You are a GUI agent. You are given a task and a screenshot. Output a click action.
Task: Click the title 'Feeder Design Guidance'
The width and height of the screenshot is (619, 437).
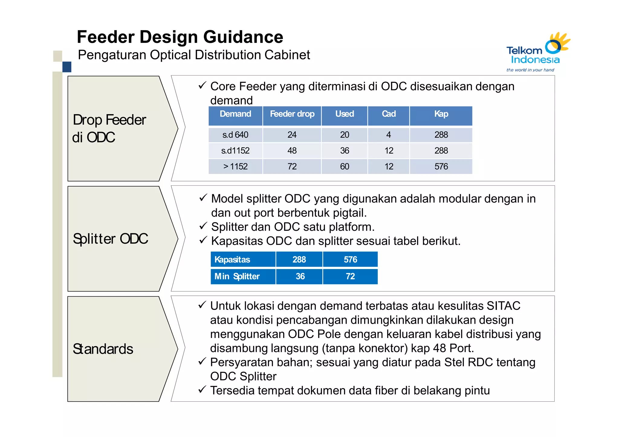point(180,37)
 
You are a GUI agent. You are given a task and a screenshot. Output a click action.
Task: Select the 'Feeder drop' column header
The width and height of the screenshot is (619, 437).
point(292,114)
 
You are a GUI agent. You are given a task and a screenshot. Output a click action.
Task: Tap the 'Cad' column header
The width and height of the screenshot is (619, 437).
point(388,114)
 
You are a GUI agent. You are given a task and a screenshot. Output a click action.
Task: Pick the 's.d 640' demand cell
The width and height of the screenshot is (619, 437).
point(235,135)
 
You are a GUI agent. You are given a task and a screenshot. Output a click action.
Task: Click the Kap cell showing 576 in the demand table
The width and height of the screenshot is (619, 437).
point(441,166)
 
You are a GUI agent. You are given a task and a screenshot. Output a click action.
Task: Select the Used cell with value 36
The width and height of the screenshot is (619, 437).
point(344,151)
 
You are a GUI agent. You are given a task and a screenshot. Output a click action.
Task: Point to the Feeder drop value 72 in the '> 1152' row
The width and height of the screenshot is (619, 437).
point(292,166)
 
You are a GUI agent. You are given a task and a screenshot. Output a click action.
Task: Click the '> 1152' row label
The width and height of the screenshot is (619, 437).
point(235,166)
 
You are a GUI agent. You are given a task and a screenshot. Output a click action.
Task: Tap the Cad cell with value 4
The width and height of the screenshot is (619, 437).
point(388,135)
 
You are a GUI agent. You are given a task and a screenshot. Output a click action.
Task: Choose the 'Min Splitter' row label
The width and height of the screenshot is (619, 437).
point(237,276)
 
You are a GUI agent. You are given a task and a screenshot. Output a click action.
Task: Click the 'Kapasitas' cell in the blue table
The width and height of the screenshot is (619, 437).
point(232,259)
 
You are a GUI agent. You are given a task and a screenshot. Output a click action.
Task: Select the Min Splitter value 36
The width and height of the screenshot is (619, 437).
point(300,276)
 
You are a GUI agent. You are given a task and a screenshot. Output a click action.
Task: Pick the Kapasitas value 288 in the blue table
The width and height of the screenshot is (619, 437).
point(299,259)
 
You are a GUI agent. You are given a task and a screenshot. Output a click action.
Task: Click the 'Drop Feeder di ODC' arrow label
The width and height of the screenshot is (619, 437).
point(109,128)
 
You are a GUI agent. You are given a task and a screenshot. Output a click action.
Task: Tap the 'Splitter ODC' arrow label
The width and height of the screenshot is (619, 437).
point(111,239)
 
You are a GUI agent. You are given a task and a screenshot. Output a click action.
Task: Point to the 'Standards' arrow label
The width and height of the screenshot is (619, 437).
point(103,349)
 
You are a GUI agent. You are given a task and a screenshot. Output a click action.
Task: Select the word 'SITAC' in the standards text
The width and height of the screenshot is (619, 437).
point(503,306)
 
